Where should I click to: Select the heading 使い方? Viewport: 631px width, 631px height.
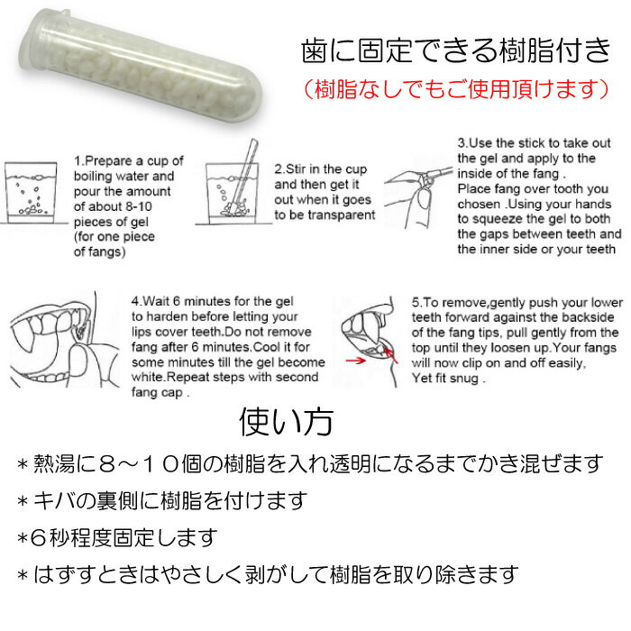286,422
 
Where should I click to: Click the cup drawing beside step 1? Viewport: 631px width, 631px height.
31,193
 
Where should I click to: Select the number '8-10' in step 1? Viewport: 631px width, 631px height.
139,206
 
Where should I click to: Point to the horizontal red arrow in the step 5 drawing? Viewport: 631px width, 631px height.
356,361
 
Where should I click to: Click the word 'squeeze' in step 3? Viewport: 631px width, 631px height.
498,219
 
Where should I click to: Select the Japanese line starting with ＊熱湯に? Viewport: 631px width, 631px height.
310,464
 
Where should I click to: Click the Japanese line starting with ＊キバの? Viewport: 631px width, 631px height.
161,501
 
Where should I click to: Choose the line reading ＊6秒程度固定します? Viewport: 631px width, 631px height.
116,538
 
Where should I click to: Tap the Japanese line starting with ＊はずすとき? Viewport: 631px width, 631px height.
268,575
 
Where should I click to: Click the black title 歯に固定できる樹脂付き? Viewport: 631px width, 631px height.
456,51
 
